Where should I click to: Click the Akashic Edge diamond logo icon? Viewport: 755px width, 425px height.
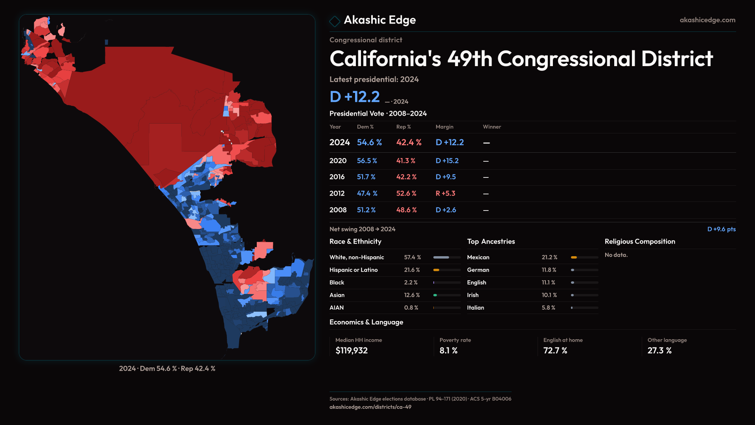tap(335, 21)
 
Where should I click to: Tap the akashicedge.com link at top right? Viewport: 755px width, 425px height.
tap(707, 20)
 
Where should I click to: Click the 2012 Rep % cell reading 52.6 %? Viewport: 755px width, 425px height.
tap(406, 194)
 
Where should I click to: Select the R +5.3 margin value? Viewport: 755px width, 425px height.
tap(445, 194)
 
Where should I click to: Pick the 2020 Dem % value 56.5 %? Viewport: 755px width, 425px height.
tap(367, 161)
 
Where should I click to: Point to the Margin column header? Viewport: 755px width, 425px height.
tap(444, 127)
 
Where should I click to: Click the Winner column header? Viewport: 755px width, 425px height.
tap(492, 127)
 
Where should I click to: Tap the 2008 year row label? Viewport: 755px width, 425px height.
tap(338, 210)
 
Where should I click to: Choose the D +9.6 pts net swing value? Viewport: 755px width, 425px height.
tap(721, 229)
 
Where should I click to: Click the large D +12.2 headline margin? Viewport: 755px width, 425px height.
tap(355, 97)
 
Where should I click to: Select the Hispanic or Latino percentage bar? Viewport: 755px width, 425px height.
tap(447, 270)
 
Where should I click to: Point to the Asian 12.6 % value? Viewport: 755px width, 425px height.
tap(412, 295)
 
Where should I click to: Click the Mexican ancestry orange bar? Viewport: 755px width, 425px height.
tap(574, 257)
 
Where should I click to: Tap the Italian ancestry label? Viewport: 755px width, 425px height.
tap(475, 308)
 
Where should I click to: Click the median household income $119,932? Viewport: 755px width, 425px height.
tap(352, 351)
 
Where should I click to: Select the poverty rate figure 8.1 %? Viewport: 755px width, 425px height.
tap(448, 351)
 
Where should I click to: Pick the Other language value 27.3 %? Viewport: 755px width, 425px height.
tap(659, 351)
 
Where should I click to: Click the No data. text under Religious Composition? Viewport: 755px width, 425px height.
tap(616, 255)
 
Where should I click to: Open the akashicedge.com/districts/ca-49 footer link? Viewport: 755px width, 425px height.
tap(370, 407)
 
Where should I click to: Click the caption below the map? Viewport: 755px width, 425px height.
tap(167, 369)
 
